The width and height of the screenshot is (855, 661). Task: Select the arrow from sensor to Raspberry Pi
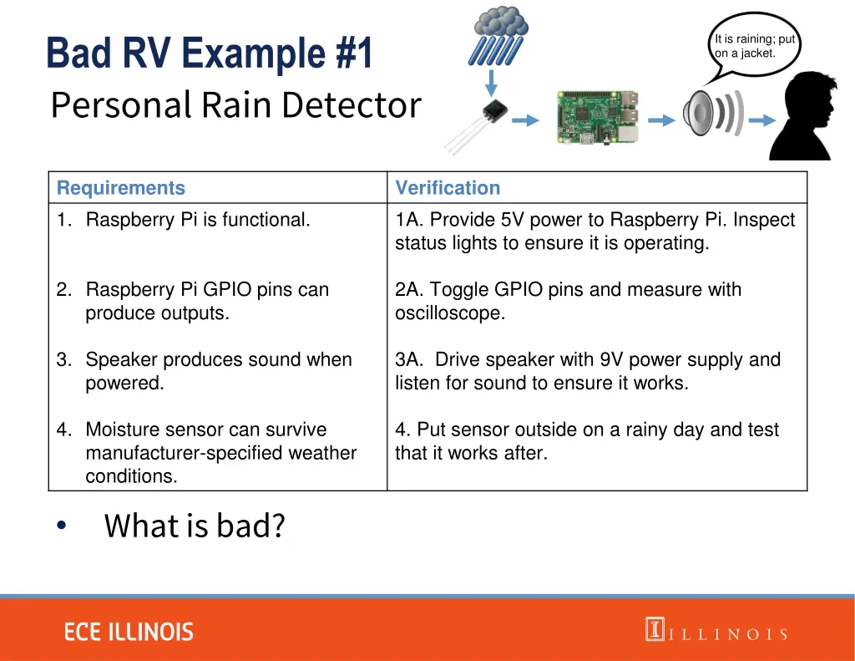coord(524,121)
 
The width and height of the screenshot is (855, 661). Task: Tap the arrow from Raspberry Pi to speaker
coord(661,121)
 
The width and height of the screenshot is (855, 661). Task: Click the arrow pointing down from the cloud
coord(492,82)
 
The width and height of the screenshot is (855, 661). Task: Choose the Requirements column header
coord(121,188)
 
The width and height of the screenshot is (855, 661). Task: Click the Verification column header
coord(448,188)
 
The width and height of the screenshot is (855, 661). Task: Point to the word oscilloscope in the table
coord(450,313)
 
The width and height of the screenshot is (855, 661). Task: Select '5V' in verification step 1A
coord(513,220)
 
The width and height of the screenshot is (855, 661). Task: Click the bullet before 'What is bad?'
coord(60,526)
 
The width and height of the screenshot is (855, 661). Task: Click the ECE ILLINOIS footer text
coord(129,632)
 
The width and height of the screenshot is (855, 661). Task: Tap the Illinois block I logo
coord(654,629)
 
